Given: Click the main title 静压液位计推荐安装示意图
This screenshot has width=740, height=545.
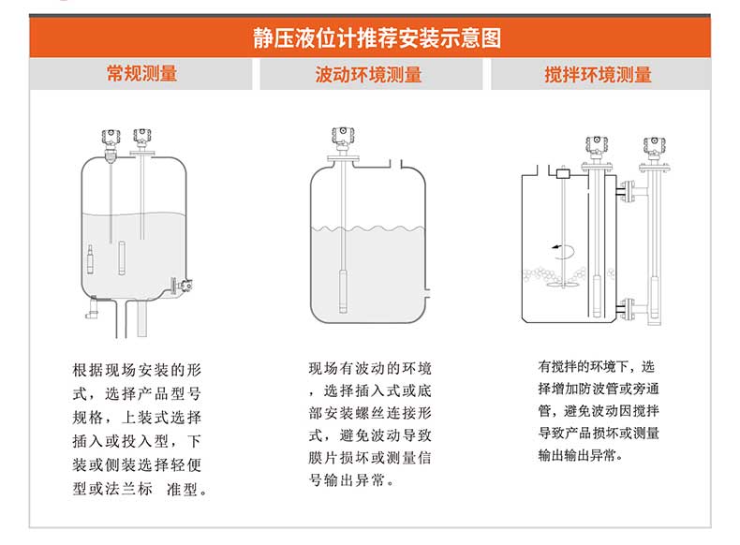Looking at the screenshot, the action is pyautogui.click(x=377, y=37).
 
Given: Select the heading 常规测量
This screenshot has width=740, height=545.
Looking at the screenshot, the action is pyautogui.click(x=141, y=74).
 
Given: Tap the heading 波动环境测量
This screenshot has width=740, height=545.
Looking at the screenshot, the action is pyautogui.click(x=368, y=75).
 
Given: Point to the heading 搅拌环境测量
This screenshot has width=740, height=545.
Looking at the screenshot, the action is pyautogui.click(x=598, y=75).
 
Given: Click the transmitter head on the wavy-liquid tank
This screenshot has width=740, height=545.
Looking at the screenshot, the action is pyautogui.click(x=343, y=137).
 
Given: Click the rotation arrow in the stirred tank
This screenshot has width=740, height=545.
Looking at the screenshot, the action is pyautogui.click(x=564, y=251).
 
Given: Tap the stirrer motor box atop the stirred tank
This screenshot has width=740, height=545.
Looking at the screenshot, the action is pyautogui.click(x=563, y=173).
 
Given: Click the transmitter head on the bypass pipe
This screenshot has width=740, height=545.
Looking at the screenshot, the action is pyautogui.click(x=654, y=147).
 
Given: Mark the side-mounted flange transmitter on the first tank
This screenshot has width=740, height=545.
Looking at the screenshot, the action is pyautogui.click(x=181, y=285).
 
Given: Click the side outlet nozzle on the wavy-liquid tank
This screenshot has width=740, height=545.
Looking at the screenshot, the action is pyautogui.click(x=426, y=293).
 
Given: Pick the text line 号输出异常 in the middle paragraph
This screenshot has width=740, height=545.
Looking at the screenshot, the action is pyautogui.click(x=351, y=480).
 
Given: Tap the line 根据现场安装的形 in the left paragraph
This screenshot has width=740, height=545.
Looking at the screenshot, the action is pyautogui.click(x=138, y=370).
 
